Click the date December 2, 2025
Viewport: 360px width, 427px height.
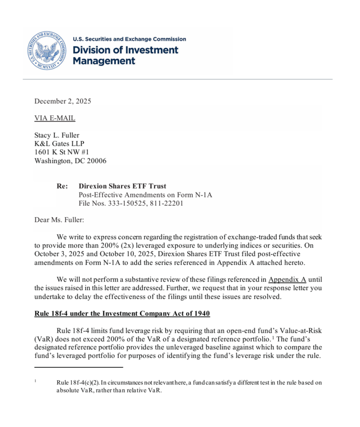pos(62,101)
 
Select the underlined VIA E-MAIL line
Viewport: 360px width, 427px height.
pos(55,118)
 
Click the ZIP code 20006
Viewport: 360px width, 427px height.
pos(95,161)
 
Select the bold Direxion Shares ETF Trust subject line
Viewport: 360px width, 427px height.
pos(122,186)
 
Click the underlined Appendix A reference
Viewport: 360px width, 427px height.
pos(287,279)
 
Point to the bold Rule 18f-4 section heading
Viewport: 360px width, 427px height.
pos(122,314)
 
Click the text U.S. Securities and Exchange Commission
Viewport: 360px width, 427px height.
pos(129,39)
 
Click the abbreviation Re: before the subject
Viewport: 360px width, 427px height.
pos(62,186)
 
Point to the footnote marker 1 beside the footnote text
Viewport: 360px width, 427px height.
pos(35,381)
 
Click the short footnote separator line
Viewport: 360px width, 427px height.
pos(79,367)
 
